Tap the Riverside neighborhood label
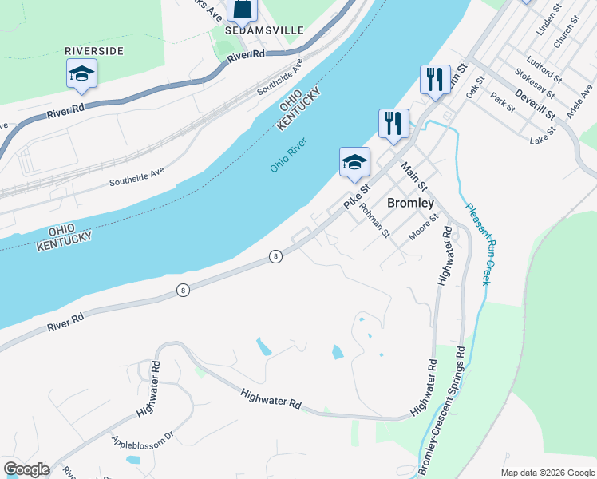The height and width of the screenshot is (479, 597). (x=95, y=50)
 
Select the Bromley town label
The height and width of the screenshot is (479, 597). (x=409, y=203)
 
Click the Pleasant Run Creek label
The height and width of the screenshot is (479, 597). (x=476, y=243)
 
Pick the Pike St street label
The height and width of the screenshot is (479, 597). (x=358, y=197)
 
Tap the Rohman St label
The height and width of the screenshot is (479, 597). (x=374, y=220)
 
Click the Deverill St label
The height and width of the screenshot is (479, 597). (x=535, y=104)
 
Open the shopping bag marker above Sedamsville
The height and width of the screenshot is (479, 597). (x=243, y=10)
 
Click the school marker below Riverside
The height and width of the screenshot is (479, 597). (x=81, y=74)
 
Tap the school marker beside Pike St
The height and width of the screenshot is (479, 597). (x=354, y=163)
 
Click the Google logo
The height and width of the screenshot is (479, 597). (x=26, y=469)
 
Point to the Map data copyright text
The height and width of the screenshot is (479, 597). (x=548, y=473)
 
